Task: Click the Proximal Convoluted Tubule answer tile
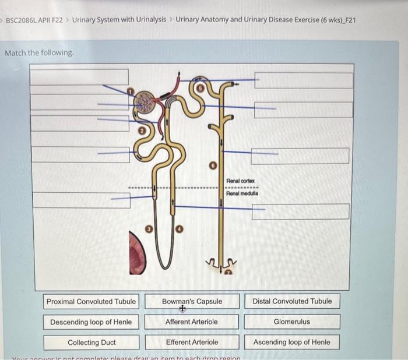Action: [x=91, y=302]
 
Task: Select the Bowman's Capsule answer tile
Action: [x=192, y=302]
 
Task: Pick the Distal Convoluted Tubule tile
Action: [x=292, y=302]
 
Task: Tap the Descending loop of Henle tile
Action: [x=91, y=322]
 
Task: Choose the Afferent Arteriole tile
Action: [x=192, y=322]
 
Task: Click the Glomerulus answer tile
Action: [x=292, y=322]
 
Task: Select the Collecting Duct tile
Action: [x=91, y=343]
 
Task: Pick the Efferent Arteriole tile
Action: [x=192, y=343]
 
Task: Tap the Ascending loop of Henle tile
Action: [x=292, y=343]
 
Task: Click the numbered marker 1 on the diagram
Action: [x=131, y=91]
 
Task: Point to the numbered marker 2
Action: [x=140, y=132]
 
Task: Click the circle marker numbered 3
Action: [x=149, y=230]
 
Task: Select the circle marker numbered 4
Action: [x=180, y=230]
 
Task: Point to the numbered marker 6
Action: [x=214, y=166]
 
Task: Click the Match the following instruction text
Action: [x=40, y=53]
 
